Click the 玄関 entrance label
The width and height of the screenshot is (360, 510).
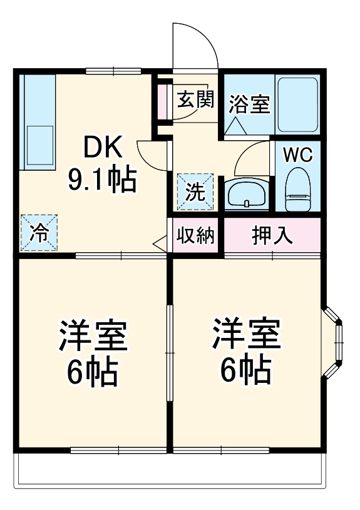coord(195,100)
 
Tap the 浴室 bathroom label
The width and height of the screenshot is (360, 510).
coord(249,104)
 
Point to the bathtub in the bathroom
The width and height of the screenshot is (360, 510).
coord(298,105)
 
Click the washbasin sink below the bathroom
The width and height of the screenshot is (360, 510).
coord(247,194)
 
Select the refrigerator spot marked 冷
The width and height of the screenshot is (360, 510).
coord(39,233)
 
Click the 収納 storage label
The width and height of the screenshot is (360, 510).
coord(195,236)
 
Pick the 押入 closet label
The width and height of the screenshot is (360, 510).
coord(272,236)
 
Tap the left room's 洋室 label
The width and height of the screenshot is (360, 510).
coord(93,336)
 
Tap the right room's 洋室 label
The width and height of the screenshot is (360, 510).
coord(246,336)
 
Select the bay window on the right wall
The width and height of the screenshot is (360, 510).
coord(335,342)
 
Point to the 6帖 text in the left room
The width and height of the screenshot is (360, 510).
coord(93,372)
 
